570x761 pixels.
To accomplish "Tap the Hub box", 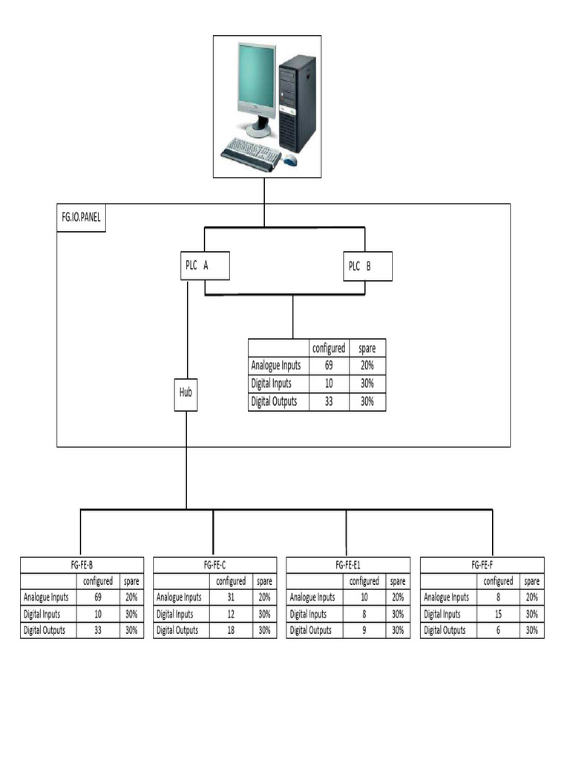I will (x=186, y=392).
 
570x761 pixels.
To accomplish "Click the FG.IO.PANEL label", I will (x=81, y=218).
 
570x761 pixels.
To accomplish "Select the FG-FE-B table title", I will (x=82, y=565).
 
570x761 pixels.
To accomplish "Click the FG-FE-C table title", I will (x=214, y=565).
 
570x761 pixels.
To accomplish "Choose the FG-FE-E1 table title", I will (x=348, y=565).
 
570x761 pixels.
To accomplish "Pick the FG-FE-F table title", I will (x=482, y=565).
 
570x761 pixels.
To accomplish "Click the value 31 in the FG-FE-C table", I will (x=230, y=597).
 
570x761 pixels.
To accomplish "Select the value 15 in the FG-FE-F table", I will (x=497, y=614).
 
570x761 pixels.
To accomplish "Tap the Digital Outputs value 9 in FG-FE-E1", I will (x=364, y=630).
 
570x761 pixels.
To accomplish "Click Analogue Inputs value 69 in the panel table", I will (x=328, y=366).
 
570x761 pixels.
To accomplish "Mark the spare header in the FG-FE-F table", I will (x=531, y=581).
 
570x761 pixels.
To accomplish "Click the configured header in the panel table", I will (x=328, y=349).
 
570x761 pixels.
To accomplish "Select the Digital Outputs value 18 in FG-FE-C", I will (x=230, y=630).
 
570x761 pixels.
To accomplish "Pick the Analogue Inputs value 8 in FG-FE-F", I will (x=497, y=597).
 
